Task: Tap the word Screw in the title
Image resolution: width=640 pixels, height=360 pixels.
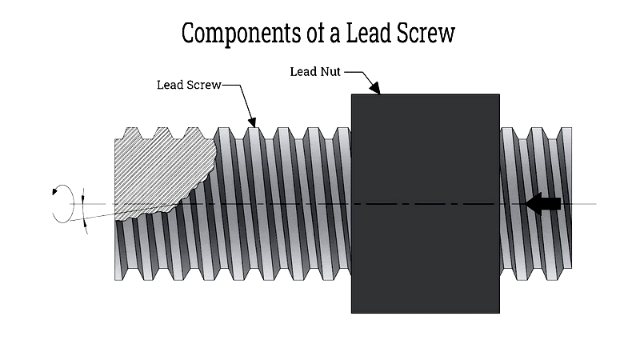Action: point(426,33)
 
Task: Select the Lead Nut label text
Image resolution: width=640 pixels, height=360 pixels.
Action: point(315,72)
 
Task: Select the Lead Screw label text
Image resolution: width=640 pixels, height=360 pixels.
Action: point(189,85)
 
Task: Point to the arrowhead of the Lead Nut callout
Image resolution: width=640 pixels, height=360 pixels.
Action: point(374,88)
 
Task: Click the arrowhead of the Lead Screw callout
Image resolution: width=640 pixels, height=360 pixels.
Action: point(252,122)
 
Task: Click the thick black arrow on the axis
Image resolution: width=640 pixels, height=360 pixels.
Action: point(543,203)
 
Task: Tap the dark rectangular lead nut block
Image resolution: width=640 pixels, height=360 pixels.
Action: point(426,204)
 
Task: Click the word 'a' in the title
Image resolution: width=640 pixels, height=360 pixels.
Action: point(334,35)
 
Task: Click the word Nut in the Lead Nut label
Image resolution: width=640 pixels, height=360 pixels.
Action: point(329,72)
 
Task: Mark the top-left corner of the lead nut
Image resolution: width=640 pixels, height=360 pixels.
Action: point(351,94)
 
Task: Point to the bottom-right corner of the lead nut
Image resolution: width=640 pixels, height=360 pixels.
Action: point(499,313)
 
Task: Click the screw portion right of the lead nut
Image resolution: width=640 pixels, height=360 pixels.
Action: point(536,204)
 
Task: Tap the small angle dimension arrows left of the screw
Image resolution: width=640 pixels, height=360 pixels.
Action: point(84,211)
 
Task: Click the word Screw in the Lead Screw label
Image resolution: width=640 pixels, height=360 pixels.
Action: point(205,85)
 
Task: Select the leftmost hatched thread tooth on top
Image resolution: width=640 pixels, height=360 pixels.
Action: point(131,133)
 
